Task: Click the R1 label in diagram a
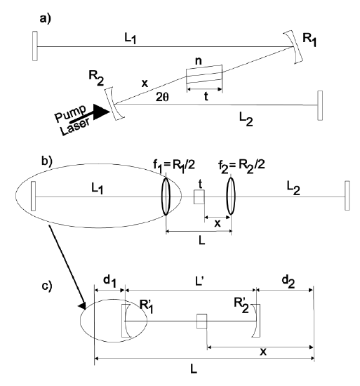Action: tap(309, 40)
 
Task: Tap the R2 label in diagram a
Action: tap(96, 79)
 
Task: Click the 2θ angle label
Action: tap(162, 98)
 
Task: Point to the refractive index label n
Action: tap(199, 60)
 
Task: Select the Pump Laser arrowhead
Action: tap(101, 112)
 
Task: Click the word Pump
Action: tap(71, 114)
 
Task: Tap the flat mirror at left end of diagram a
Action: tap(34, 46)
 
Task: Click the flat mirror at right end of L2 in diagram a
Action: tap(320, 105)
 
